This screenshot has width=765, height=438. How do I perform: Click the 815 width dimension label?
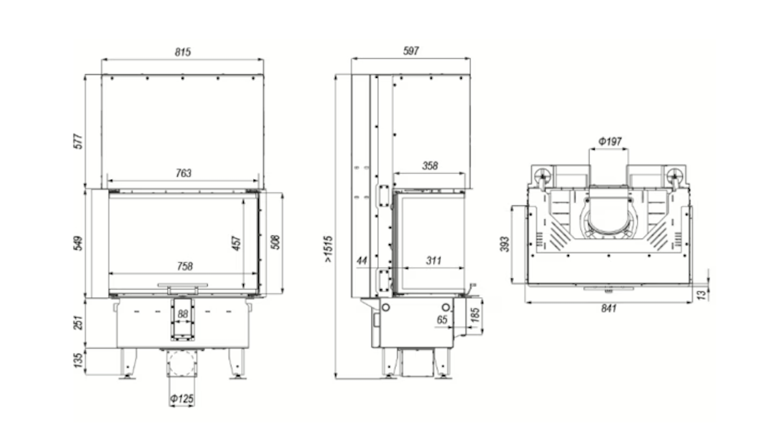pyautogui.click(x=182, y=52)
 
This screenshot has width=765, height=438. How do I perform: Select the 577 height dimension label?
pyautogui.click(x=79, y=141)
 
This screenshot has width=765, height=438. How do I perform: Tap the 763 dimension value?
pyautogui.click(x=182, y=172)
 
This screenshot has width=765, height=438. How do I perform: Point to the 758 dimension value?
pyautogui.click(x=184, y=266)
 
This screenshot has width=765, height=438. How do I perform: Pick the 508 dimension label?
pyautogui.click(x=275, y=243)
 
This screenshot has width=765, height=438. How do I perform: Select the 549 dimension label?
pyautogui.click(x=79, y=243)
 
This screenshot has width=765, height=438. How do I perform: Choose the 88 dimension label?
pyautogui.click(x=182, y=314)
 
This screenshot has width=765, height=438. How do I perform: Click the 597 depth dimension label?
pyautogui.click(x=410, y=51)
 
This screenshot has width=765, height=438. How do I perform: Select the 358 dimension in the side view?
pyautogui.click(x=430, y=166)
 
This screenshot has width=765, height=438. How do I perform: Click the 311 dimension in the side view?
pyautogui.click(x=433, y=261)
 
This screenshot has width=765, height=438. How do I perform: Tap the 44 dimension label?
pyautogui.click(x=362, y=261)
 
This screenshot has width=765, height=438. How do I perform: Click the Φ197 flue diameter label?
pyautogui.click(x=608, y=142)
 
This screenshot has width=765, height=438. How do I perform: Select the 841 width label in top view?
pyautogui.click(x=608, y=308)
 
